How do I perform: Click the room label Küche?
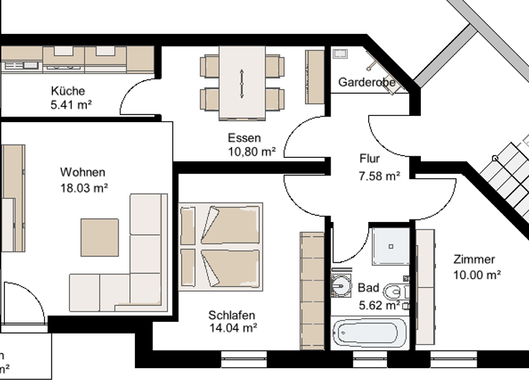coord(68,91)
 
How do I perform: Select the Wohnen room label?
coord(83,172)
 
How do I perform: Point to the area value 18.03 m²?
coord(83,187)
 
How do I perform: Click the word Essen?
coord(245,138)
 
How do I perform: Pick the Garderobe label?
coord(366,83)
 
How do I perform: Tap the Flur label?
coord(370,159)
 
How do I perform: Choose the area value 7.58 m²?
coord(380,176)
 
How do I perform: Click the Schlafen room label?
coord(232,315)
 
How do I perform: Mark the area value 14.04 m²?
coord(233,328)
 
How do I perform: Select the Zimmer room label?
coord(474,259)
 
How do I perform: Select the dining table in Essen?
coord(242,83)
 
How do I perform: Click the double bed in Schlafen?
coord(220,246)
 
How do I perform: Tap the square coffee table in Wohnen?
coord(100,237)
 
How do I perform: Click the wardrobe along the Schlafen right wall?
coord(312,290)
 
